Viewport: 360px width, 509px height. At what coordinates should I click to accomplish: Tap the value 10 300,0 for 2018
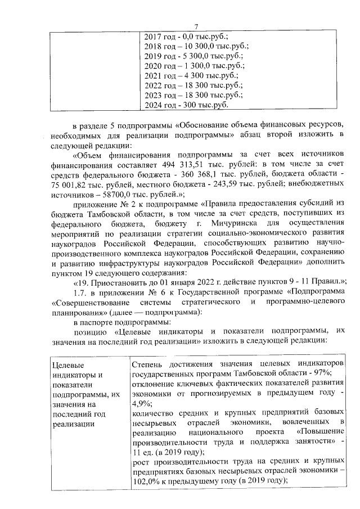click(196, 46)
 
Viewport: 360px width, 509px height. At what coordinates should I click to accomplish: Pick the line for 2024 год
click(186, 105)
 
